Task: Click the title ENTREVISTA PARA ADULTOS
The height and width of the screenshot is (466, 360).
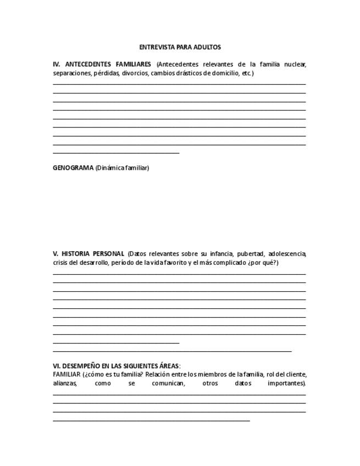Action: (180, 47)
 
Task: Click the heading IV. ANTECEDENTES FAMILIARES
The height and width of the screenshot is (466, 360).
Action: (102, 64)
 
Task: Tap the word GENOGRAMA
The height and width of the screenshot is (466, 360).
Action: (73, 168)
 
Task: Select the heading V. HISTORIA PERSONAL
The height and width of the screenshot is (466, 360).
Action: (88, 254)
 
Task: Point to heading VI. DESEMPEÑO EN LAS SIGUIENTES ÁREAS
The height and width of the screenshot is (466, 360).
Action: (117, 365)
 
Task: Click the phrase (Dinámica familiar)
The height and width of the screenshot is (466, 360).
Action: (122, 168)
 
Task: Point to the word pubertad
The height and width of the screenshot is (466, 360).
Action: (251, 254)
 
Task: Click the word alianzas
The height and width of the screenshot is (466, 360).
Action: (65, 383)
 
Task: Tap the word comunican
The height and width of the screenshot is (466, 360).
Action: (168, 383)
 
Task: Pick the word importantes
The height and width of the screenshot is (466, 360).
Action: (286, 383)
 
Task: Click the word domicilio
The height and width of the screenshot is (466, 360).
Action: (224, 73)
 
